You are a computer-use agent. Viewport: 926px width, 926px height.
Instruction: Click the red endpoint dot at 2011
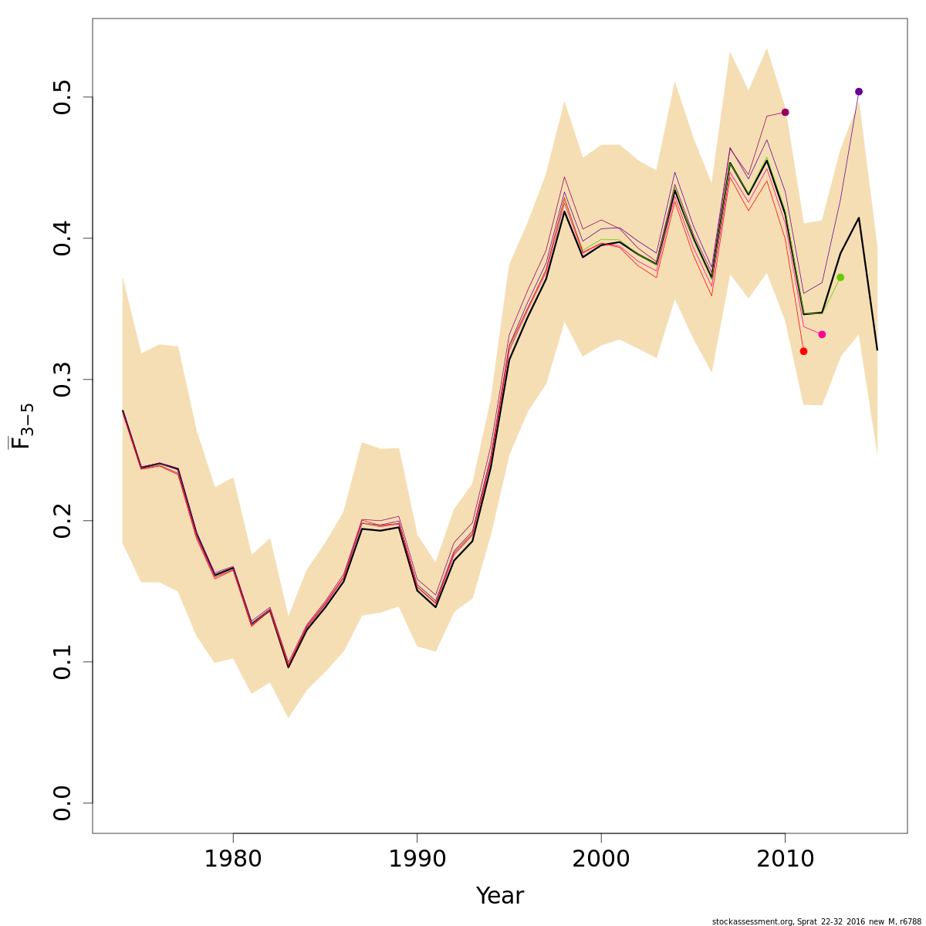[803, 351]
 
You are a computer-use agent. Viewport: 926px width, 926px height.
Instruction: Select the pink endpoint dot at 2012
[822, 334]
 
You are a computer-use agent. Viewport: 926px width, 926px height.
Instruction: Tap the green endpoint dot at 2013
[840, 277]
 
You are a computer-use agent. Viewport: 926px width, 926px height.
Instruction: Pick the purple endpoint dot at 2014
[859, 92]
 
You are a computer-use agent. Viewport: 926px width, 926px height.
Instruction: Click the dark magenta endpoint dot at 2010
[785, 112]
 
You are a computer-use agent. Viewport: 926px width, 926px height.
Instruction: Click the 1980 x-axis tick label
[233, 860]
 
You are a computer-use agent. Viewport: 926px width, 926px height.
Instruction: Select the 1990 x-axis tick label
[417, 860]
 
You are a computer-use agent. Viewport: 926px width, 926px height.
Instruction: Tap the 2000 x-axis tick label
[601, 860]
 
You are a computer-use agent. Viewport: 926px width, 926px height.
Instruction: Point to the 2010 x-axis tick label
[785, 860]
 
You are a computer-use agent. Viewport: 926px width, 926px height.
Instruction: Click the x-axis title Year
[499, 896]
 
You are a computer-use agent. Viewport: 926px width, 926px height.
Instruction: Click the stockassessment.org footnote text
[816, 921]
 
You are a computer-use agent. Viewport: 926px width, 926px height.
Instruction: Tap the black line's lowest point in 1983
[289, 667]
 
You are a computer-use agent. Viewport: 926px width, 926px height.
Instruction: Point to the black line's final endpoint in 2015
[877, 350]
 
